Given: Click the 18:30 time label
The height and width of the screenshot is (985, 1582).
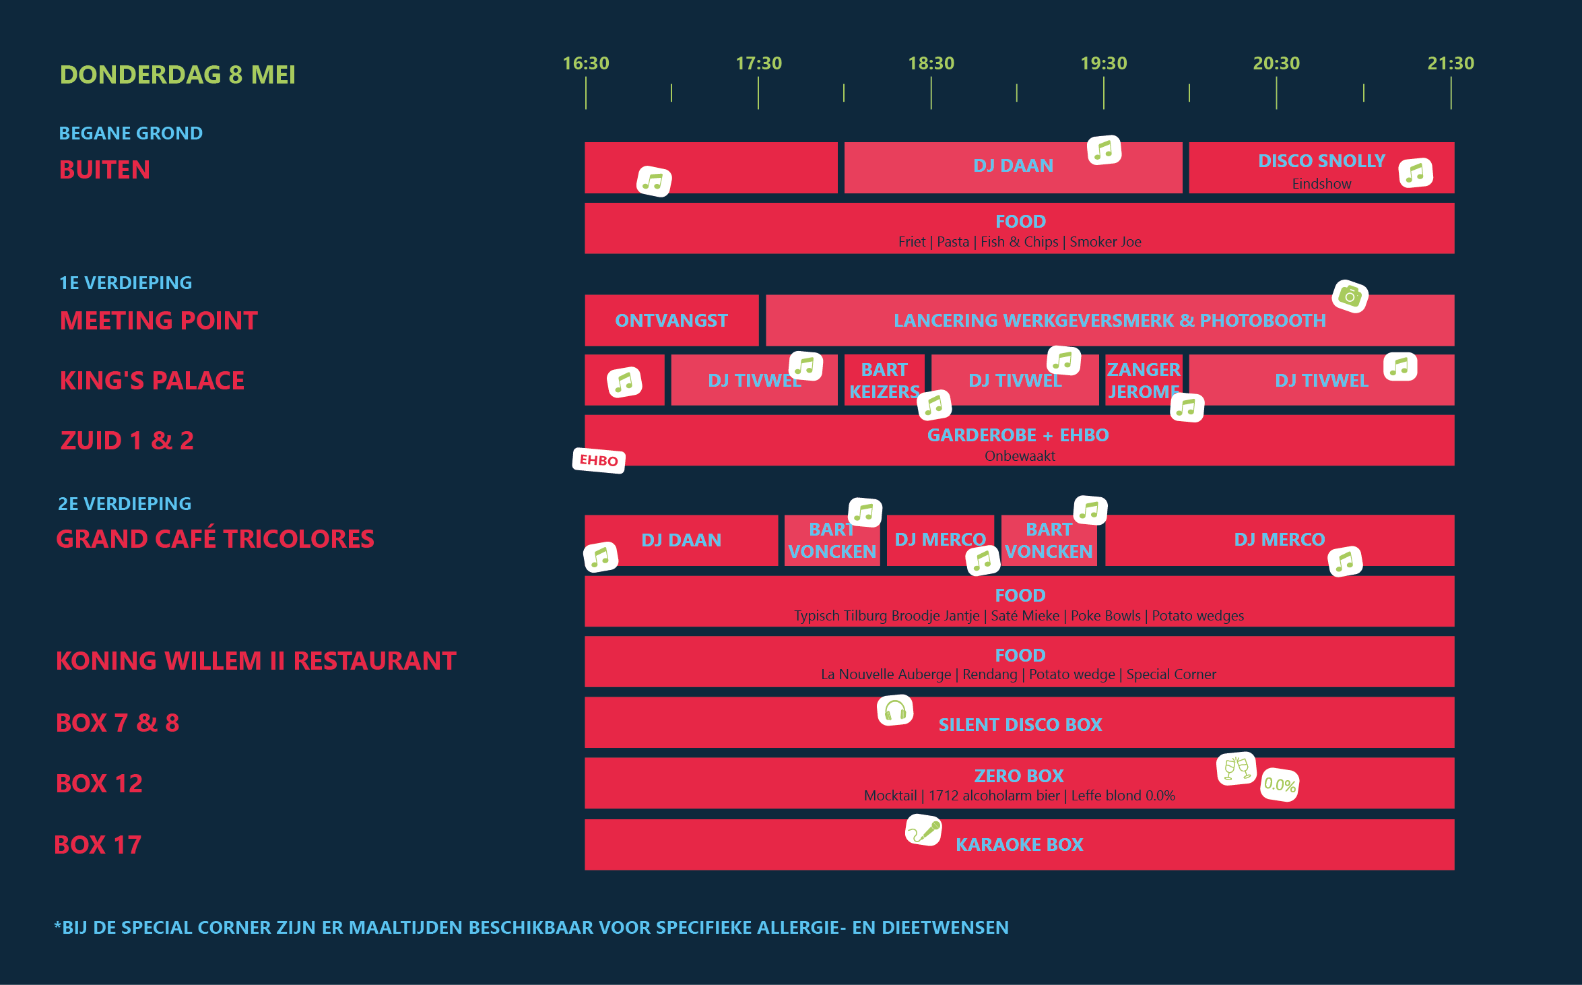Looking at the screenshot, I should [931, 63].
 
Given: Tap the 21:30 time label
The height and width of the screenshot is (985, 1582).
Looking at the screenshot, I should [1451, 63].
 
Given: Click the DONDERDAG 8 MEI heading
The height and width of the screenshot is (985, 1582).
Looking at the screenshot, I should [178, 75].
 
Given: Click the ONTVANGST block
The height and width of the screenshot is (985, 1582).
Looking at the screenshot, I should [671, 321].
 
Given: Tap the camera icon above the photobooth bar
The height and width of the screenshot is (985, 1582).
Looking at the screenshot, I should [1350, 296].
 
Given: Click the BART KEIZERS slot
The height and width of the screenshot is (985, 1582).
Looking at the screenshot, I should [884, 381].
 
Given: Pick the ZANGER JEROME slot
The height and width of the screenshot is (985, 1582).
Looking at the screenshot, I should [1143, 381].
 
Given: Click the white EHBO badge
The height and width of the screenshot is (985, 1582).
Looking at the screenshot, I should [599, 461].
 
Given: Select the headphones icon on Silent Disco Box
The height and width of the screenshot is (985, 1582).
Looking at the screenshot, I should [895, 711].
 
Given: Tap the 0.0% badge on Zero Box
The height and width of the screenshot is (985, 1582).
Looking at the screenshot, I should [1279, 785].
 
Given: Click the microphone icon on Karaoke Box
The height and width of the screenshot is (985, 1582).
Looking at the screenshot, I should [923, 830].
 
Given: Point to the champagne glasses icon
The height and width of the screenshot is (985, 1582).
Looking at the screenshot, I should [1237, 769].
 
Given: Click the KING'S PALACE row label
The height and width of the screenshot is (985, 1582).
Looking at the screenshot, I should [152, 381].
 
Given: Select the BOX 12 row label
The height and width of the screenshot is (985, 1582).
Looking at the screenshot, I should [99, 784].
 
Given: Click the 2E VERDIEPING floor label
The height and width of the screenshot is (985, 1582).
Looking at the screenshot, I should [125, 504].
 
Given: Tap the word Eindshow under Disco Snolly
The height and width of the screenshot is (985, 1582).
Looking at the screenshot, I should [1321, 184].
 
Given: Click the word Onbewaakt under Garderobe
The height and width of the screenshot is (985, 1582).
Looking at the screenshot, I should [1020, 456].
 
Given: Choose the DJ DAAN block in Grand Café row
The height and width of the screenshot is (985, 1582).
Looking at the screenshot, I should [681, 540].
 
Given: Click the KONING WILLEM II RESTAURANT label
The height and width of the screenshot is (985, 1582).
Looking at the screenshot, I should [256, 661].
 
